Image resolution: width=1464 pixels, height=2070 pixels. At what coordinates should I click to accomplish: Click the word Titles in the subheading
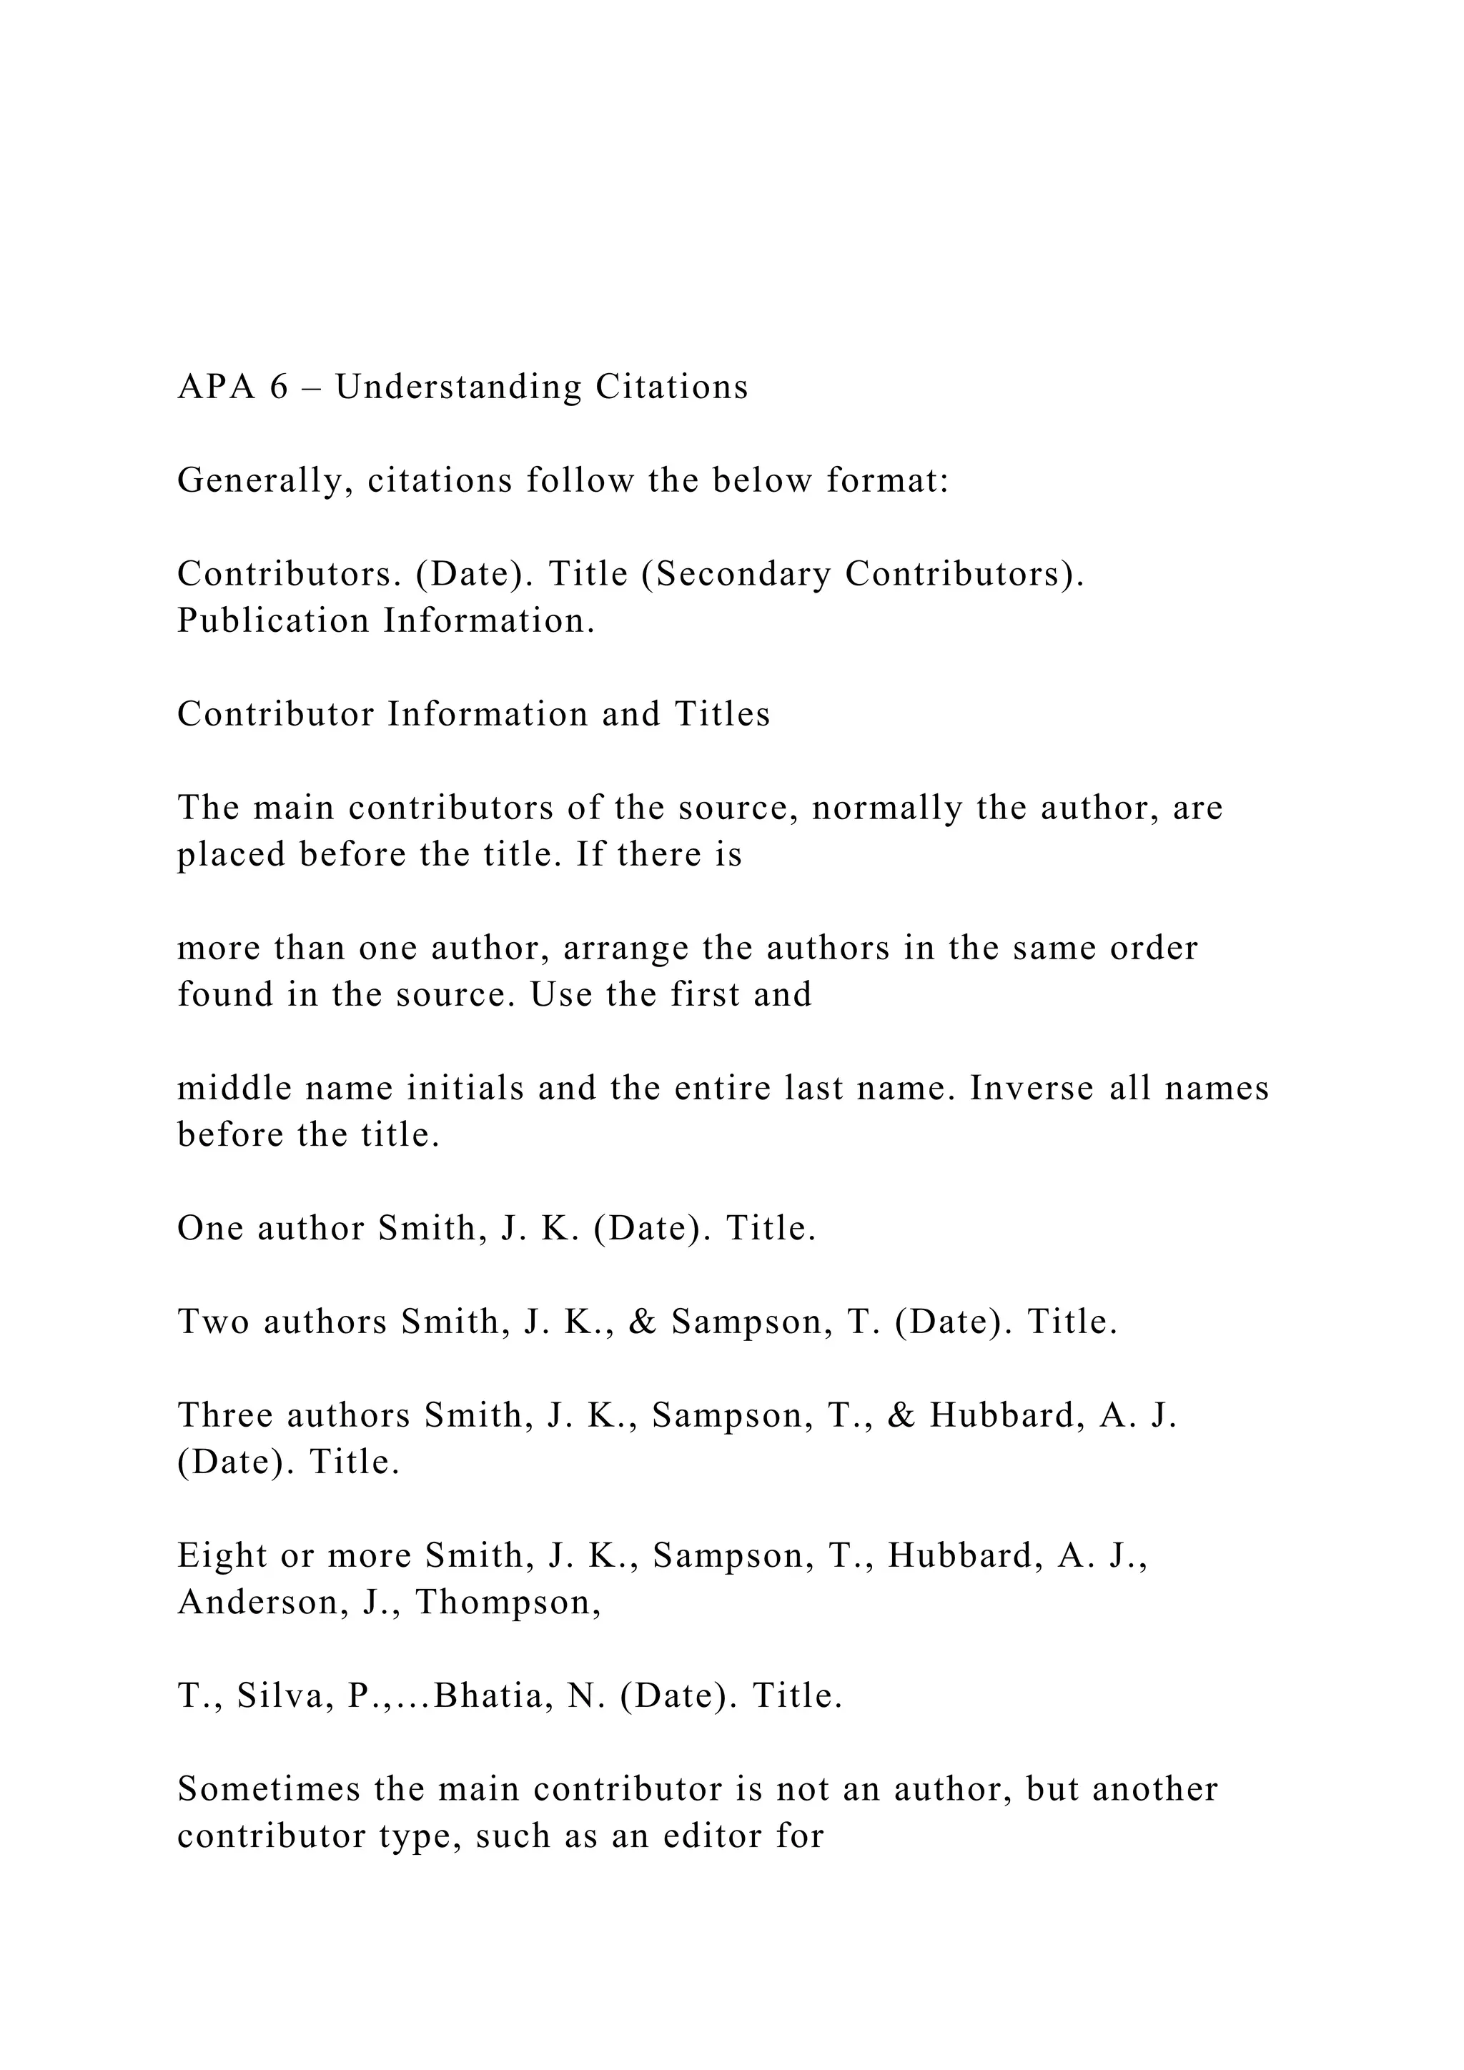pos(722,714)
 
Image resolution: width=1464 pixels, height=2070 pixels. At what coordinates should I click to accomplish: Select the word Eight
pos(221,1556)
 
